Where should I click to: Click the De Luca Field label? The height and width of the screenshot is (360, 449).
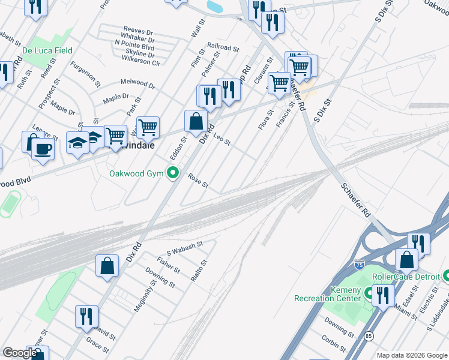pyautogui.click(x=47, y=51)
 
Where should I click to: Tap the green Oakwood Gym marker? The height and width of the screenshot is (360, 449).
pyautogui.click(x=174, y=174)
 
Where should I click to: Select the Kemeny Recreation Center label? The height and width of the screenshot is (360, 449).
pyautogui.click(x=327, y=294)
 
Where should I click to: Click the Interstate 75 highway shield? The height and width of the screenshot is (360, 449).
pyautogui.click(x=358, y=264)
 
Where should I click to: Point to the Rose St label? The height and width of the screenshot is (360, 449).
pyautogui.click(x=198, y=181)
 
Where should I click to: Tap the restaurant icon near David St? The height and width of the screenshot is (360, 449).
pyautogui.click(x=86, y=316)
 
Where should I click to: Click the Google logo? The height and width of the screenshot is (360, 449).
pyautogui.click(x=20, y=353)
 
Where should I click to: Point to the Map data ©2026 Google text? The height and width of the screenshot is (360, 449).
pyautogui.click(x=412, y=355)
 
